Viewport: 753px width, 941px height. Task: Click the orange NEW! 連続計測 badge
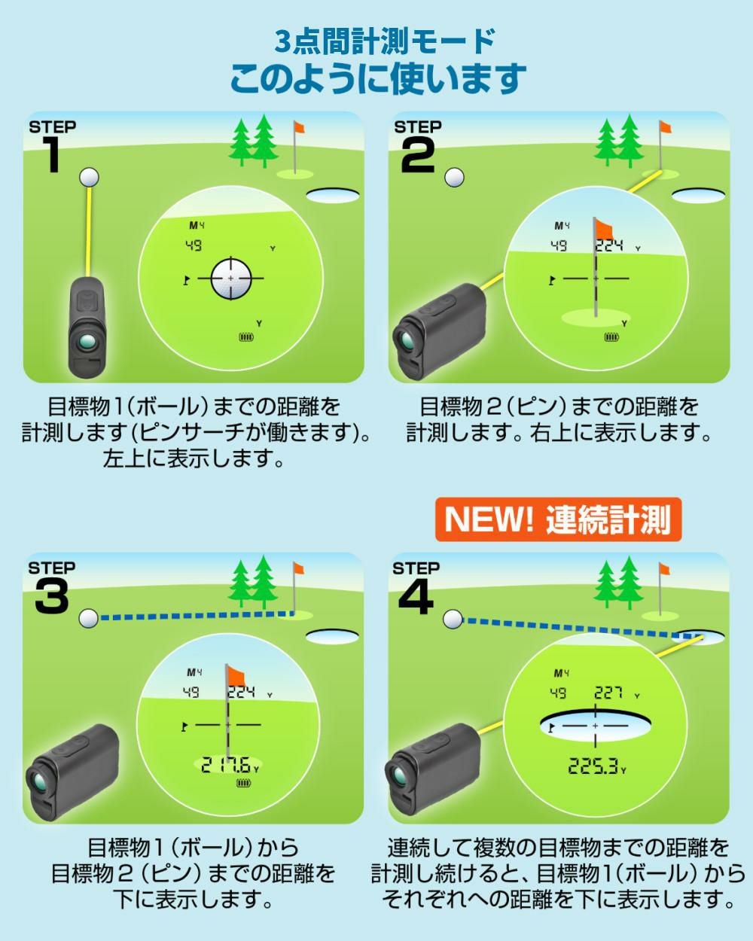pos(558,519)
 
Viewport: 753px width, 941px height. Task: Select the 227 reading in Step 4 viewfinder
pos(608,693)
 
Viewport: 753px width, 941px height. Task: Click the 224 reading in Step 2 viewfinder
pos(609,245)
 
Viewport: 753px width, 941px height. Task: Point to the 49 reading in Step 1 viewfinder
pos(194,245)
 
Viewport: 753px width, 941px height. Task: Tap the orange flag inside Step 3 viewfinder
pos(236,677)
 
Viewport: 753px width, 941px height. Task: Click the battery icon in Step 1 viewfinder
pos(247,337)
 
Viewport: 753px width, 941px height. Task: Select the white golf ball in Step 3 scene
pos(88,618)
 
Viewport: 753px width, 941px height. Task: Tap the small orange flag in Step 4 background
pos(665,569)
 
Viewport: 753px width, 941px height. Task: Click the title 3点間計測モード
pos(385,42)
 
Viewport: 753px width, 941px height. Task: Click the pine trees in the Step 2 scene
pos(619,141)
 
